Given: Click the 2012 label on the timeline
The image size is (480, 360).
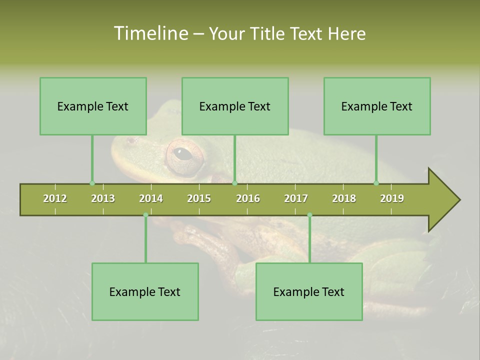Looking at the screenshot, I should click(55, 198).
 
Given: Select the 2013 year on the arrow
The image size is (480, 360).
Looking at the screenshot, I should click(103, 198).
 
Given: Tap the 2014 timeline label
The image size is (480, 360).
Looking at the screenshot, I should click(151, 198).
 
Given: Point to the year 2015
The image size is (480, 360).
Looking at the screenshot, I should click(199, 198).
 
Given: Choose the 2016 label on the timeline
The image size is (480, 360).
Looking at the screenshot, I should click(248, 198).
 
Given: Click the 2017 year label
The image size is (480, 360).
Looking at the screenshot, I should click(296, 198).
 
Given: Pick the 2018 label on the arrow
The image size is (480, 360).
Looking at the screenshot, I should click(344, 198).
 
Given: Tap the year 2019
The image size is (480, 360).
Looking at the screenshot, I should click(392, 198).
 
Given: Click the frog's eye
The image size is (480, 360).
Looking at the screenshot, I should click(183, 153).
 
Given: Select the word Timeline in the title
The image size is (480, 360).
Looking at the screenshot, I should click(150, 33).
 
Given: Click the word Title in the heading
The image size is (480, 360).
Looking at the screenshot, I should click(270, 33).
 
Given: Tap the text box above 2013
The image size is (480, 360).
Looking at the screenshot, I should click(93, 106).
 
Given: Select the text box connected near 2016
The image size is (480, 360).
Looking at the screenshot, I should click(235, 106).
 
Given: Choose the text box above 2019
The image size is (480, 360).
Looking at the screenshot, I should click(377, 106).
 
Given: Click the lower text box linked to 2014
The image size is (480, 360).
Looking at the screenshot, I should click(145, 291).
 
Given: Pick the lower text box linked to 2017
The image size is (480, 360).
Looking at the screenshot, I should click(309, 291).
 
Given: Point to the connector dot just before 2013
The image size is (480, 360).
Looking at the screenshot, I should click(92, 183).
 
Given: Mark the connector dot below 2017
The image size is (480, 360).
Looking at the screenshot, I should click(309, 215).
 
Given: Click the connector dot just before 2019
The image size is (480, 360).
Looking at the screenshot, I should click(376, 183).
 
